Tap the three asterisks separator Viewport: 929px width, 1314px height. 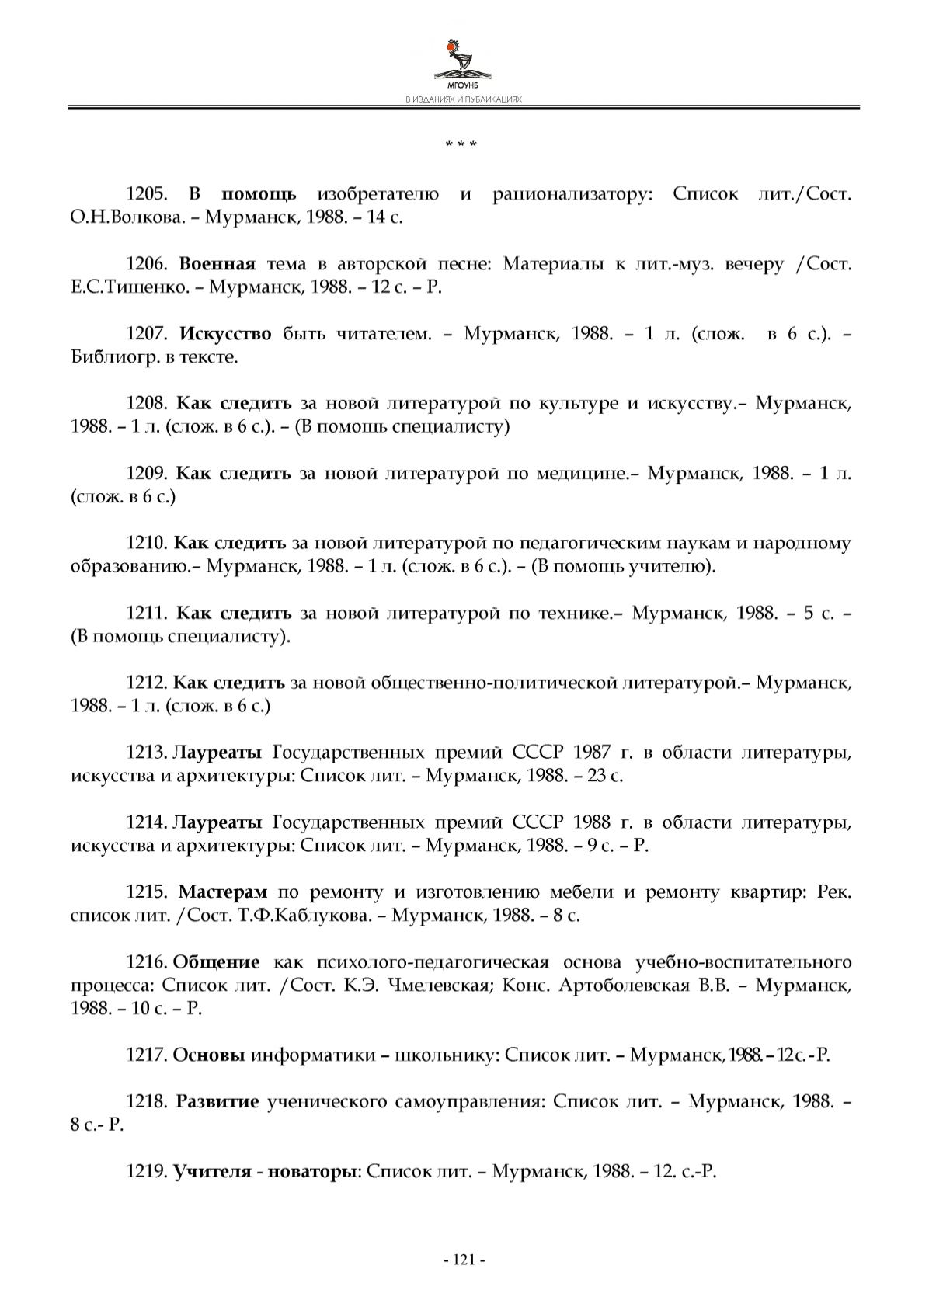pos(461,145)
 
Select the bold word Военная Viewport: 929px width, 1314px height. pos(217,264)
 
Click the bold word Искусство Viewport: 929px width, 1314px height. pos(225,334)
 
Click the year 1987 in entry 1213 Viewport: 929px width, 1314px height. pos(593,753)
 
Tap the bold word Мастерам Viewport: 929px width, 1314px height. pos(223,892)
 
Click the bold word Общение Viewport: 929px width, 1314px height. pos(216,962)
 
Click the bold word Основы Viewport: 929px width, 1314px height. pos(209,1055)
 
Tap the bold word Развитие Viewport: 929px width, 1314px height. pos(217,1102)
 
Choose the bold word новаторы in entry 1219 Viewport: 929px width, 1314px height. pos(311,1171)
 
